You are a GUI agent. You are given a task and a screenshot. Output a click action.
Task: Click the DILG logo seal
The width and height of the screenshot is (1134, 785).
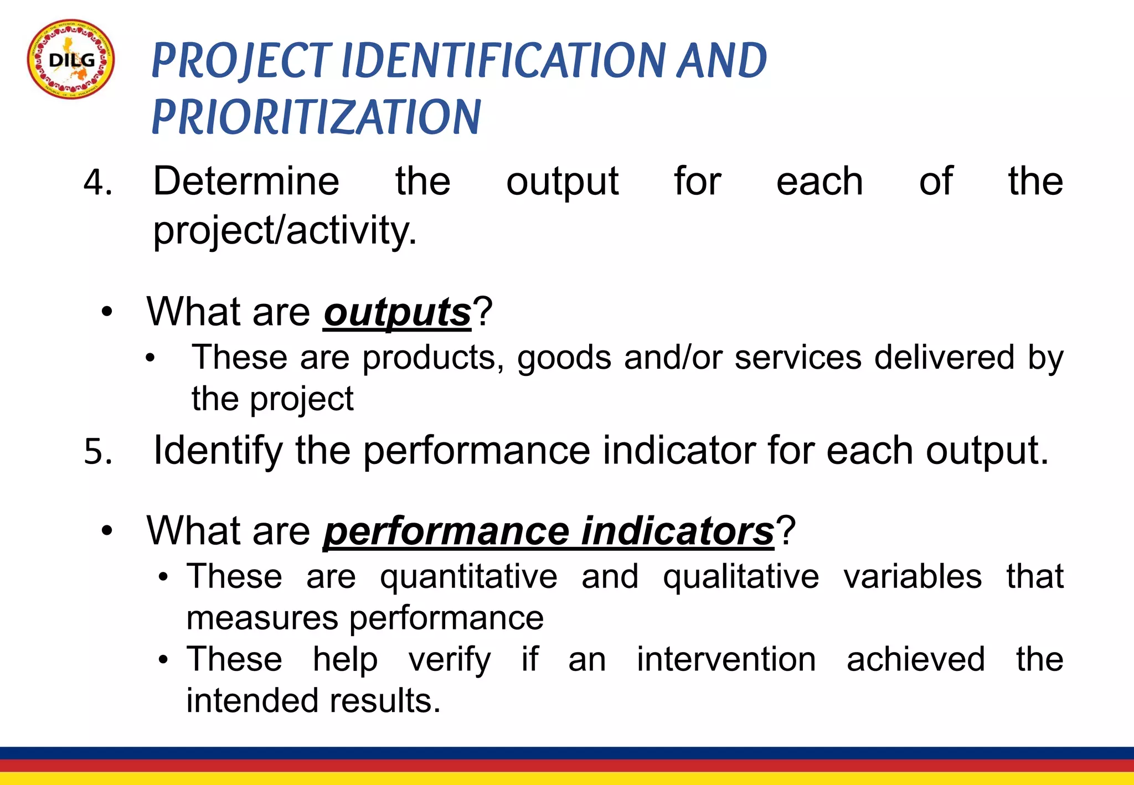click(x=71, y=60)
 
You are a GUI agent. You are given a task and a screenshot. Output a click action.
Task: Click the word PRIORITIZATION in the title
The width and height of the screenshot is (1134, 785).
click(x=316, y=117)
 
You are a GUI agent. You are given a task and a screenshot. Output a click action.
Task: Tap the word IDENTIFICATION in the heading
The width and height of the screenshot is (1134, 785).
click(x=506, y=60)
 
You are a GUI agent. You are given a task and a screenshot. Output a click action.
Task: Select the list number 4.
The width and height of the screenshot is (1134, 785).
click(x=97, y=183)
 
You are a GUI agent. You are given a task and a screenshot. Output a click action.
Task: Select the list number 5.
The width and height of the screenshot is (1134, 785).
click(x=97, y=451)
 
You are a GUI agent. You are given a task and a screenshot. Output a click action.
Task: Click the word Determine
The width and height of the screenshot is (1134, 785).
click(x=246, y=181)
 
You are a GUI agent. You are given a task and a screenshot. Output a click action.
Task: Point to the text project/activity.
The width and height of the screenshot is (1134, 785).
click(x=285, y=230)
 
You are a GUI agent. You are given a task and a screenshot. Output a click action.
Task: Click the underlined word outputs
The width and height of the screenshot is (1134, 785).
click(x=397, y=312)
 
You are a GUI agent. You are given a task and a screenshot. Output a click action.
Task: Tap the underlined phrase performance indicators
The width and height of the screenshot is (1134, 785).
click(x=548, y=531)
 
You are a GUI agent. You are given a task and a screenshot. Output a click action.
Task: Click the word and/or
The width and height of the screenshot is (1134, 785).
click(x=673, y=358)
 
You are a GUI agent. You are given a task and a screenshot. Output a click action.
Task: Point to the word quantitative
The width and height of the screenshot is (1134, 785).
click(x=468, y=577)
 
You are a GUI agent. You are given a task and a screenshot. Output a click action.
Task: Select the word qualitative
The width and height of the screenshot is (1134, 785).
click(x=741, y=577)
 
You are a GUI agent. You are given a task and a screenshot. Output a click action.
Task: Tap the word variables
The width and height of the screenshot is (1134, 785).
click(x=913, y=577)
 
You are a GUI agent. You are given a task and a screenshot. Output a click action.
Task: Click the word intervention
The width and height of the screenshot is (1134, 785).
click(x=726, y=659)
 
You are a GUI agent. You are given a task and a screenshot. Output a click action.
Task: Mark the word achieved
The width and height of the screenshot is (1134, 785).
click(x=916, y=659)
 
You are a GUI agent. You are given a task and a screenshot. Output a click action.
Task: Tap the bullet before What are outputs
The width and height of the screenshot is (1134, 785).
click(x=107, y=312)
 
